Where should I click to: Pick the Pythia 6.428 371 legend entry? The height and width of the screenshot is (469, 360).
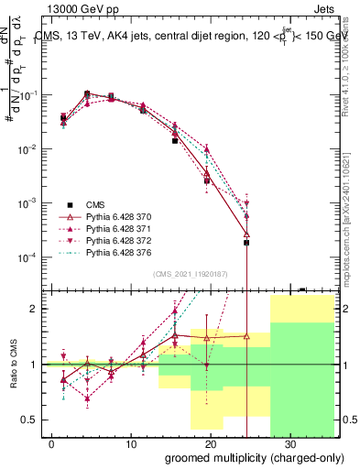pos(121,229)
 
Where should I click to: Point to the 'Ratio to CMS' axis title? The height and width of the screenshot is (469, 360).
pos(14,378)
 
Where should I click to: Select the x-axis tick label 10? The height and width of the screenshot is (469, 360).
pos(131,442)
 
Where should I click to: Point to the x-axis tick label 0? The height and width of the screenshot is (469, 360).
pos(51,442)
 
